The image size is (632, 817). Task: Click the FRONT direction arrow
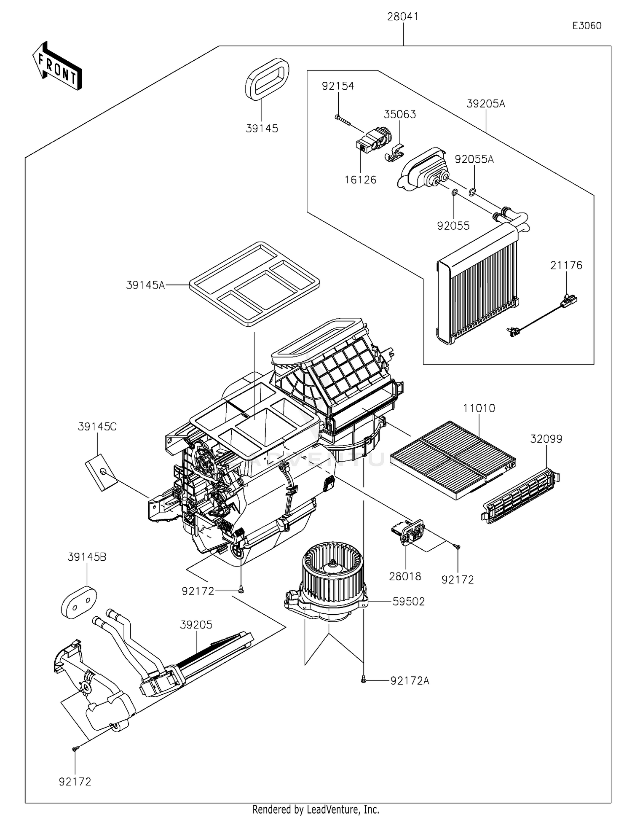point(57,67)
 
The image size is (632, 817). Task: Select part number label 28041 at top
point(403,17)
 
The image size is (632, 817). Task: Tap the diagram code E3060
point(586,26)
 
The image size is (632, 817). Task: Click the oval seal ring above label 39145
point(267,79)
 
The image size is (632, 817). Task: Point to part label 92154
point(338,86)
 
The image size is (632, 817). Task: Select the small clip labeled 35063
point(394,153)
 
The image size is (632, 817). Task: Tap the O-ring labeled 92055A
point(472,193)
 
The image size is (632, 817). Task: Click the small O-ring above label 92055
point(454,193)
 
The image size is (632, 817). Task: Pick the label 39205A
point(485,104)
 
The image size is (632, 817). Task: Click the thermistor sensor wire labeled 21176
point(544,316)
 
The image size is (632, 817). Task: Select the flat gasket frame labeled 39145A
point(254,284)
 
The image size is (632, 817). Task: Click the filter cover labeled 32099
point(521,496)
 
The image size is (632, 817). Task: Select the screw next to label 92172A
point(364,680)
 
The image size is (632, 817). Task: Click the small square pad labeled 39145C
point(101,472)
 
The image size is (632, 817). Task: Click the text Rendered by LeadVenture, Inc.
point(316,809)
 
